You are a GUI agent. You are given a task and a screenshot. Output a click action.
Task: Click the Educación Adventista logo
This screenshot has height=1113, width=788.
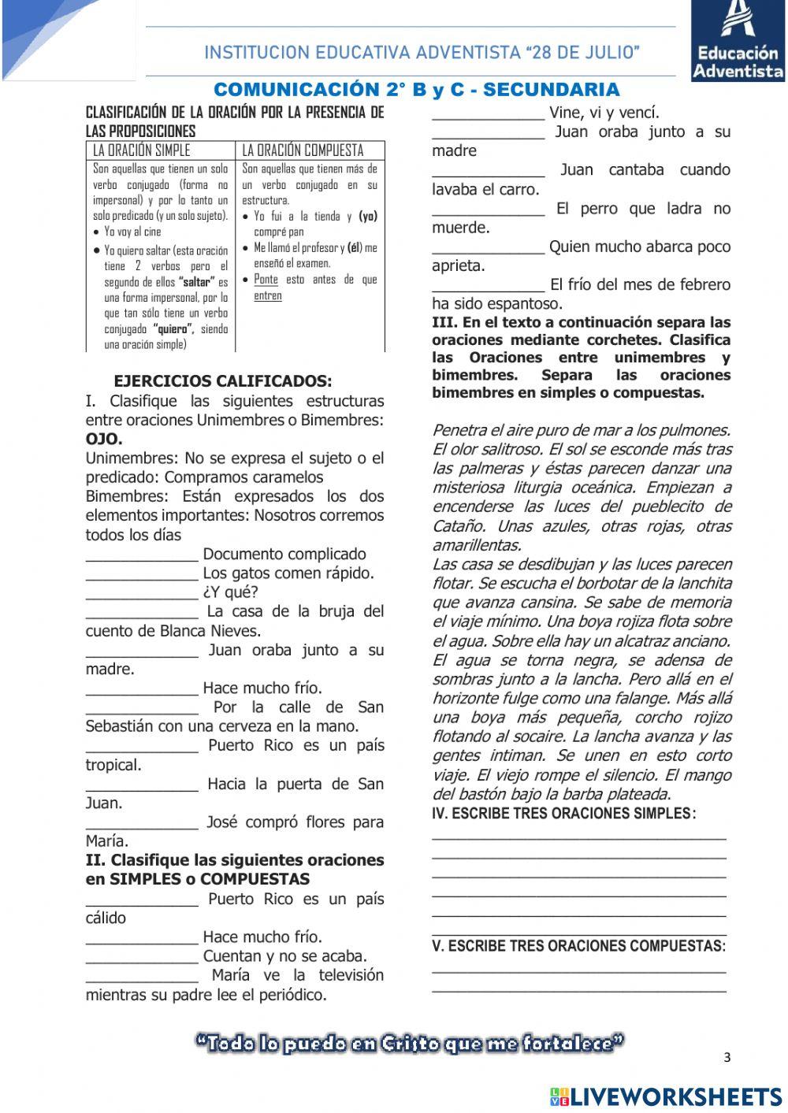pos(738,40)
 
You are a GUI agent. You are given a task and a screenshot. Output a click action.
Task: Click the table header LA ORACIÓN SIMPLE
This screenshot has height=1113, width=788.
pos(142,150)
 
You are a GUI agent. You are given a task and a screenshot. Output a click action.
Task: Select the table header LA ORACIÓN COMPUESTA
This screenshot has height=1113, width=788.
pos(303,150)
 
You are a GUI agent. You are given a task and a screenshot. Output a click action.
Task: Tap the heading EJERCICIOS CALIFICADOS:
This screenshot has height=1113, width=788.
pos(223,381)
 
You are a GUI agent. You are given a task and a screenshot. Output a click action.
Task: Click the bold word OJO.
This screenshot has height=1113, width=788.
pos(104,439)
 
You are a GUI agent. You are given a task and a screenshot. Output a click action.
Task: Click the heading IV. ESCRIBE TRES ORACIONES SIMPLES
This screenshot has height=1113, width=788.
pos(563,814)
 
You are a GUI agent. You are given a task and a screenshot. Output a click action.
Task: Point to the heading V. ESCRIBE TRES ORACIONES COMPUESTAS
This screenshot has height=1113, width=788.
pos(579,946)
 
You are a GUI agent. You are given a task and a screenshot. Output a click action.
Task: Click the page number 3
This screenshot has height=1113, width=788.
pos(727,1058)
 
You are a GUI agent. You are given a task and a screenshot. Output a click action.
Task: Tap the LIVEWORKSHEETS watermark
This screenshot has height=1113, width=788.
pos(666,1096)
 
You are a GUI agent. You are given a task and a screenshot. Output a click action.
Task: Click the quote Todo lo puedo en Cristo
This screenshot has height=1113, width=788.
pos(410,1044)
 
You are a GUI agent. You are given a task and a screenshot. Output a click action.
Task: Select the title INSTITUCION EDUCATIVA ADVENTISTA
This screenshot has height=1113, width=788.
pos(422,53)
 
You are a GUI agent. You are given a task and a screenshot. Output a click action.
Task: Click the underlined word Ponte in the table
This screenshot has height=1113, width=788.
pos(266,280)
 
